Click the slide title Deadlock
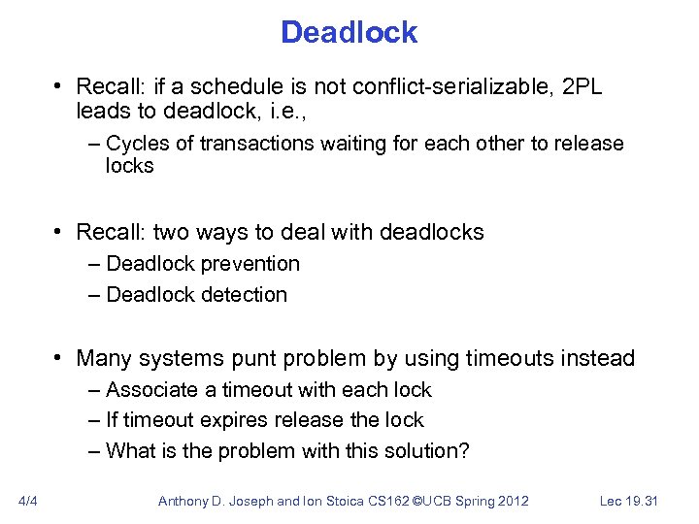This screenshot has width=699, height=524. (x=349, y=32)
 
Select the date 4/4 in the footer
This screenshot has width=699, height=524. (x=28, y=501)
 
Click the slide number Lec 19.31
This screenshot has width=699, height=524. (x=629, y=501)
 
